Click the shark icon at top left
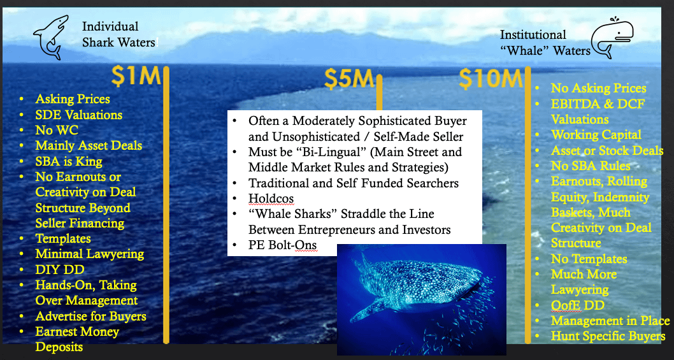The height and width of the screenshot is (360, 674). [x=51, y=37]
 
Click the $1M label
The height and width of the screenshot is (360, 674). [x=136, y=76]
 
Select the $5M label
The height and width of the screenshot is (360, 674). [x=348, y=78]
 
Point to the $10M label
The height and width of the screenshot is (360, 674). [x=491, y=78]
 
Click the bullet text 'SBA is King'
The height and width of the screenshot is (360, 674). [x=69, y=162]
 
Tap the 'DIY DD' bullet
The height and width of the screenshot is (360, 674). [x=60, y=270]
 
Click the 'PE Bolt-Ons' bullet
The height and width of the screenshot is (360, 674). [x=282, y=245]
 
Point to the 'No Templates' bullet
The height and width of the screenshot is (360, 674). [x=589, y=259]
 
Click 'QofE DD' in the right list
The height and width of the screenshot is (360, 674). [x=578, y=305]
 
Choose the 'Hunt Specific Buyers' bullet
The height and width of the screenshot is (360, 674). [x=608, y=336]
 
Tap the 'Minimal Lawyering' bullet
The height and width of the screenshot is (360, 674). [x=89, y=254]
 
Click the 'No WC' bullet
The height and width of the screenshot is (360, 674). [x=57, y=131]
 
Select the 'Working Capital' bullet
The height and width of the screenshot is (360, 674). [x=596, y=134]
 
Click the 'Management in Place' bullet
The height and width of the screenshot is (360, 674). [x=610, y=321]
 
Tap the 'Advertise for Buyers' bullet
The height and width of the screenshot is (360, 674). [x=90, y=317]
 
